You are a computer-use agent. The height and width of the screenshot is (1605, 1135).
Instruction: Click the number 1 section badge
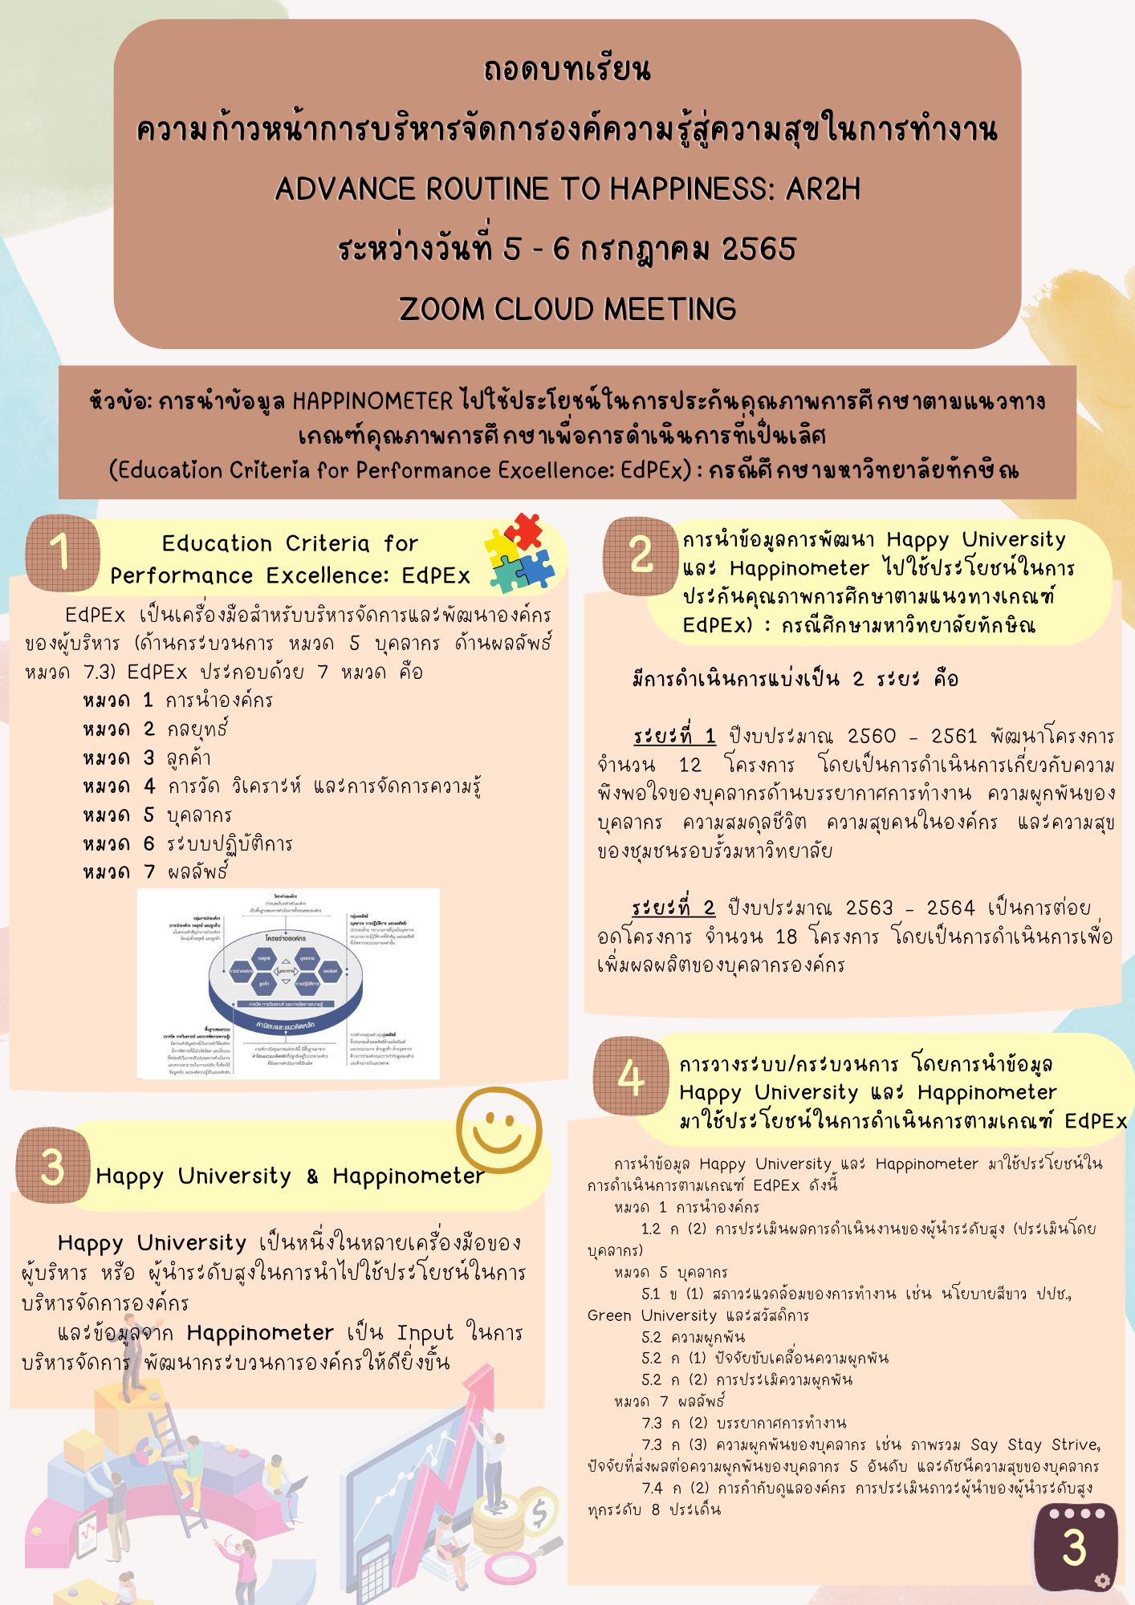click(x=62, y=553)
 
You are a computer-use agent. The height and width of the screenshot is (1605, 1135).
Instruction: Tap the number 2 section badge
click(x=641, y=555)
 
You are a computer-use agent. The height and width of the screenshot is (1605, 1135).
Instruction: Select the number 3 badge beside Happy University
click(x=52, y=1165)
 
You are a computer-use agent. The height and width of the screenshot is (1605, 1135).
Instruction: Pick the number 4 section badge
click(x=631, y=1076)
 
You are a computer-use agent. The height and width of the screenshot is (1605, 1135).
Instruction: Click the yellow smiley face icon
click(x=498, y=1130)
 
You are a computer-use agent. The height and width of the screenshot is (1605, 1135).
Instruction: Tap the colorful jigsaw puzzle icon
click(x=520, y=553)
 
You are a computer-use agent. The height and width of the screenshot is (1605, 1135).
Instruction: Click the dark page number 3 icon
click(x=1075, y=1546)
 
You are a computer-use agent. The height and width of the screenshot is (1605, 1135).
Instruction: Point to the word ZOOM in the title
click(x=441, y=309)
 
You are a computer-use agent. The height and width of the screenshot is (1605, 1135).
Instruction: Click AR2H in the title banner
click(x=823, y=189)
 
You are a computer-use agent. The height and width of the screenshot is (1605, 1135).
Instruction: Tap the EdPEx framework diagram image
click(x=288, y=983)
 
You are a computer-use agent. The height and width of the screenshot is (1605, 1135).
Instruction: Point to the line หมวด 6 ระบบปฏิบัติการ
click(x=188, y=843)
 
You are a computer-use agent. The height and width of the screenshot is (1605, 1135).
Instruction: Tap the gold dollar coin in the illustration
click(x=539, y=1513)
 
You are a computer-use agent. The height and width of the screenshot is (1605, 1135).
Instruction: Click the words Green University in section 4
click(x=651, y=1315)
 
